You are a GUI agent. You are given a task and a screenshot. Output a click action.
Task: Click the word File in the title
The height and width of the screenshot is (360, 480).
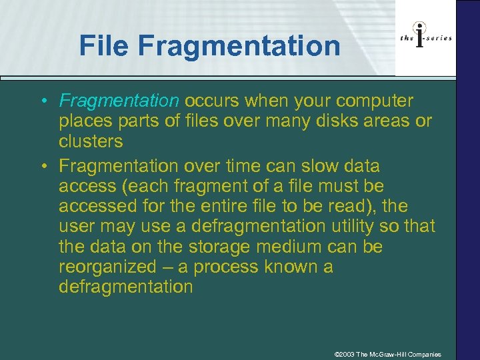pos(106,46)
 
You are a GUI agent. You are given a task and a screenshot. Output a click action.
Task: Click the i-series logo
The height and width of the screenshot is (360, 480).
pos(426,37)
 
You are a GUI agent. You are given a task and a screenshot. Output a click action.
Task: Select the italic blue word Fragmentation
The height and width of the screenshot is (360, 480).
pos(119,101)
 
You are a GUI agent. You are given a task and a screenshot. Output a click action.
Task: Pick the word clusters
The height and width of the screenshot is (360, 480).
pos(91,142)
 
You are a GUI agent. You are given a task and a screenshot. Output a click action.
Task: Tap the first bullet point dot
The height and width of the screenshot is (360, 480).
pos(42,102)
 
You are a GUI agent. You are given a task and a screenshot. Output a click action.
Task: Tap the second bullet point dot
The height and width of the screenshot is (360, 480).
pos(42,165)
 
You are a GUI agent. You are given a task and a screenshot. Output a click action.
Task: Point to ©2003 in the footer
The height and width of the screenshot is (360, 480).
pos(344,354)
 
